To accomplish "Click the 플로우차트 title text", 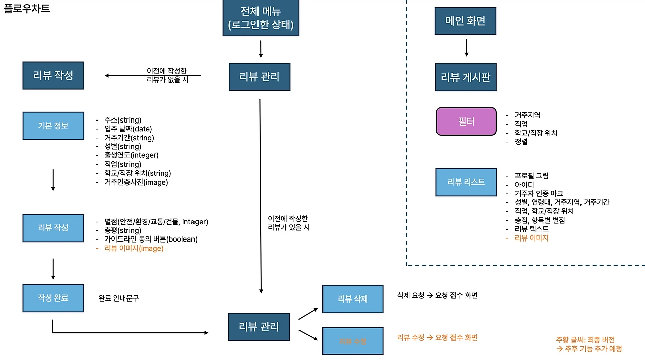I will [27, 9].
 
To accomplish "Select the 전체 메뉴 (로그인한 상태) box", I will [261, 18].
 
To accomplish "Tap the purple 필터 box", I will [466, 122].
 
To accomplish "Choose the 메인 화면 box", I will [466, 21].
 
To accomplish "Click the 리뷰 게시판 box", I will [466, 77].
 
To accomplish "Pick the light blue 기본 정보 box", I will [53, 126].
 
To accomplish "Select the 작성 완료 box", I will [53, 297].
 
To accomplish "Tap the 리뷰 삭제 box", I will [353, 298].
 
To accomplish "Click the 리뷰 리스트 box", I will [466, 182].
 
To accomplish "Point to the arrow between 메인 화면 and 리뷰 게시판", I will [466, 48].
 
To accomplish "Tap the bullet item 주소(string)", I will [122, 120].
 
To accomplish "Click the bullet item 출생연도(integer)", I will [131, 155].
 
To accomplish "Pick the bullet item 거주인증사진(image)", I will [136, 182].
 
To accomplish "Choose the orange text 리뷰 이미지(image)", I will [134, 248].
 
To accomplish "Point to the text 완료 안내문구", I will [119, 298].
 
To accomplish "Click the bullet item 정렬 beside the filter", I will [521, 142].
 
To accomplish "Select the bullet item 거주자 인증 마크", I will [539, 193].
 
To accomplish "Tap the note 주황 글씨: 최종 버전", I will [585, 340].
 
